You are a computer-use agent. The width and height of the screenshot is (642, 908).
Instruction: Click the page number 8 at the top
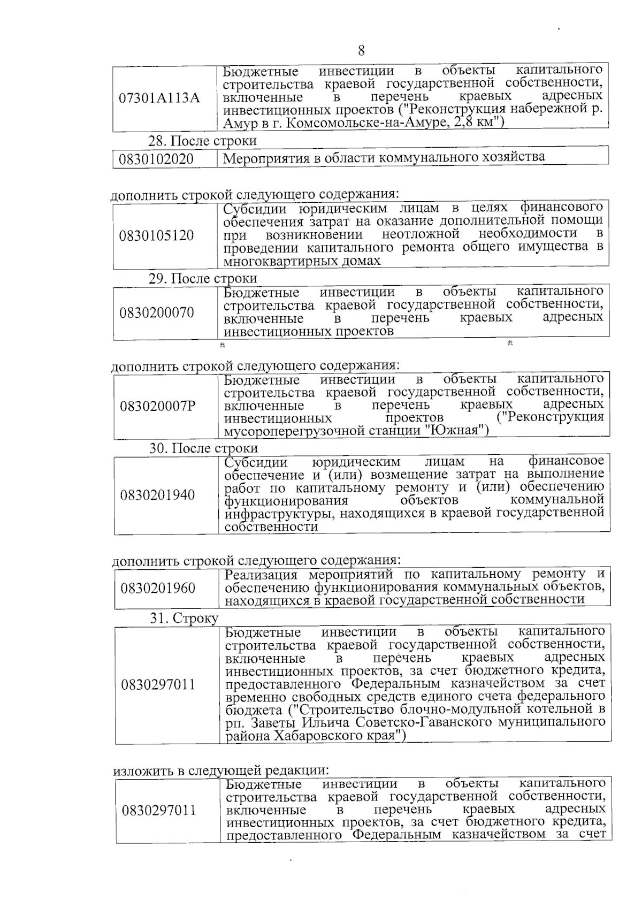(361, 51)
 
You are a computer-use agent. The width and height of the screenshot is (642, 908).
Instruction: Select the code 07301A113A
(159, 98)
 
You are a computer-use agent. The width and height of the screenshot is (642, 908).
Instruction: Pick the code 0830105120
(157, 235)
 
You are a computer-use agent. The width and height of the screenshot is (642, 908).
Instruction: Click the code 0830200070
(157, 312)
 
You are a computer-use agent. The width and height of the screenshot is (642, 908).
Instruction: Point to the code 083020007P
(158, 406)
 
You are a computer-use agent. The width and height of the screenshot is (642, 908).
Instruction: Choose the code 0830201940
(158, 495)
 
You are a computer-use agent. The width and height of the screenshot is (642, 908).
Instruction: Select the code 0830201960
(158, 589)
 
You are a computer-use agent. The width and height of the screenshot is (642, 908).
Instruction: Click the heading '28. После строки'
(202, 141)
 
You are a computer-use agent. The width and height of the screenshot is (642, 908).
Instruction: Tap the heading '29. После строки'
(203, 279)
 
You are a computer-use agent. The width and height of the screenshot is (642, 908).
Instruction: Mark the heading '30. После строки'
(203, 448)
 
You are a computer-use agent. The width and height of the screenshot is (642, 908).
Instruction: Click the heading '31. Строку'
(184, 619)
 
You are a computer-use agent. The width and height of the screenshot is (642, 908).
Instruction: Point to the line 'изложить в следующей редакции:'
(220, 771)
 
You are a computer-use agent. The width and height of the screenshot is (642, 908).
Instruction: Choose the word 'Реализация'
(261, 575)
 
